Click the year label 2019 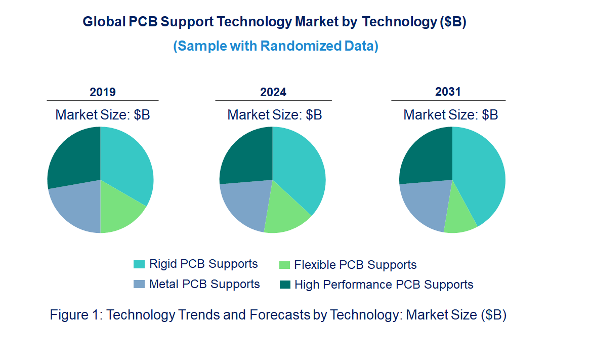(x=103, y=92)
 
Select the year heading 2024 (x=273, y=92)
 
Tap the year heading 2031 (x=448, y=92)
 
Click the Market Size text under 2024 (x=275, y=115)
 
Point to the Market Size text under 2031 (x=450, y=115)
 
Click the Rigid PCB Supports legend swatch (x=139, y=264)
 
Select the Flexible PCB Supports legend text (x=355, y=265)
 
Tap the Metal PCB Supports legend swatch (x=139, y=285)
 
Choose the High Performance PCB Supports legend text (x=384, y=285)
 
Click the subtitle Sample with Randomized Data (x=276, y=46)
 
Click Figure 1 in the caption (x=75, y=314)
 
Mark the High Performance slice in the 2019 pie (x=73, y=157)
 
